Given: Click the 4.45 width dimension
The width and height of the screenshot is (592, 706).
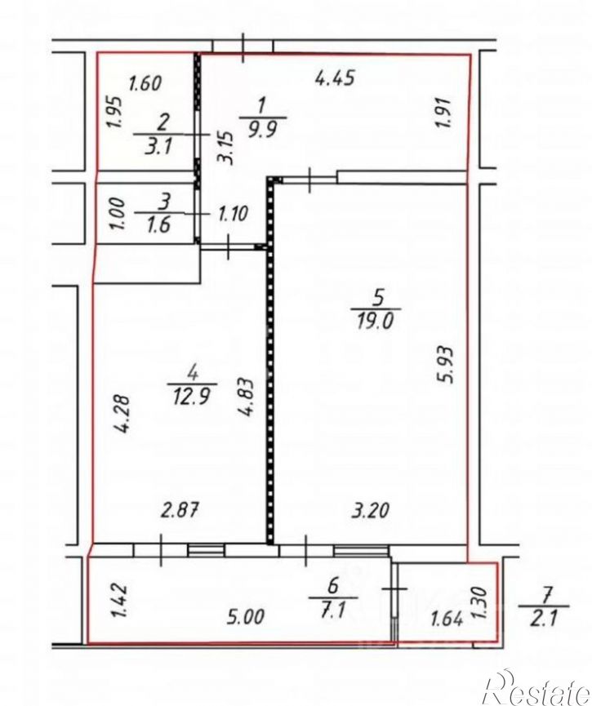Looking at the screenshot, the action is coord(336,78).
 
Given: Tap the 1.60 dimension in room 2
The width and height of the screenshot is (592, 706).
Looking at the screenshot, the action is coord(145,83).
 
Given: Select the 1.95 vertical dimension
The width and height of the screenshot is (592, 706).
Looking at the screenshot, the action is coord(114,113).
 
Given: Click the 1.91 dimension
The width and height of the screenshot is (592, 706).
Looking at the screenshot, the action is coord(443,113).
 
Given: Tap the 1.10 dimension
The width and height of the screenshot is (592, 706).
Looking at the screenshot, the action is coord(233,213).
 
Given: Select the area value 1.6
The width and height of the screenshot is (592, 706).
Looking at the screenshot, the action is coord(158,224).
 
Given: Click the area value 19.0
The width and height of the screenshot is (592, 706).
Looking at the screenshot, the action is coord(376,322).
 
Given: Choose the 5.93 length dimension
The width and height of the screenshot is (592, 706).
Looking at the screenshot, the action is coord(445,365).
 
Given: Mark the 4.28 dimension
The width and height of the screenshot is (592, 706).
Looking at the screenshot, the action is coord(122,414).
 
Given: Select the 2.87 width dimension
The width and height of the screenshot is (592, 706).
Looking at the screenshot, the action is coord(180,511).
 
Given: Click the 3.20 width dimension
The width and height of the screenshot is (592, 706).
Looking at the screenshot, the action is coord(370,511).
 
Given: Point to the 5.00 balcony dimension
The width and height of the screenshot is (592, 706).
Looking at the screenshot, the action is coord(246,617).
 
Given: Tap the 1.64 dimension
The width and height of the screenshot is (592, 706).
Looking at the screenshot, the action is coord(447,619).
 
